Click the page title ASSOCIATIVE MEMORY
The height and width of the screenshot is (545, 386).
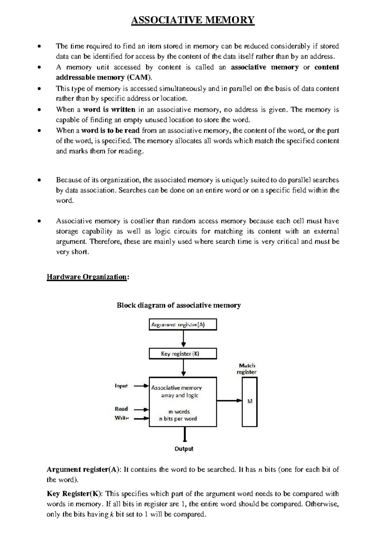coord(193,20)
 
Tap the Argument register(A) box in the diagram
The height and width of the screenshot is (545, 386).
coord(183,325)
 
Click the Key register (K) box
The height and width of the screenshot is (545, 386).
coord(183,354)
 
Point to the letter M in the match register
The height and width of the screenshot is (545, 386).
coord(250,401)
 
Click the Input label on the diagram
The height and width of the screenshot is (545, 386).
coord(121,386)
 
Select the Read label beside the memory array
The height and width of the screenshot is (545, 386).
coord(121,409)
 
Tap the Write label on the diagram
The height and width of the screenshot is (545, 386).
coord(122,418)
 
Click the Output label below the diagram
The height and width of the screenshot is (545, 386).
coord(184,449)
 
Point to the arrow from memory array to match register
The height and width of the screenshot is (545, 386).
coord(229,401)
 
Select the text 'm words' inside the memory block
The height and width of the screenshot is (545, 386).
coord(179,412)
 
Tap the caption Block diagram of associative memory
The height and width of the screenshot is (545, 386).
coord(179,305)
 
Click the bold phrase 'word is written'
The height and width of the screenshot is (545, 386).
coord(109,110)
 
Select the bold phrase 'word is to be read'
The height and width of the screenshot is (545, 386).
coord(110,130)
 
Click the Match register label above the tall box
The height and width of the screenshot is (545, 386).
coord(247,369)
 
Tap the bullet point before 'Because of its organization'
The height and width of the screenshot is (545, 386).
coord(39,180)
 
